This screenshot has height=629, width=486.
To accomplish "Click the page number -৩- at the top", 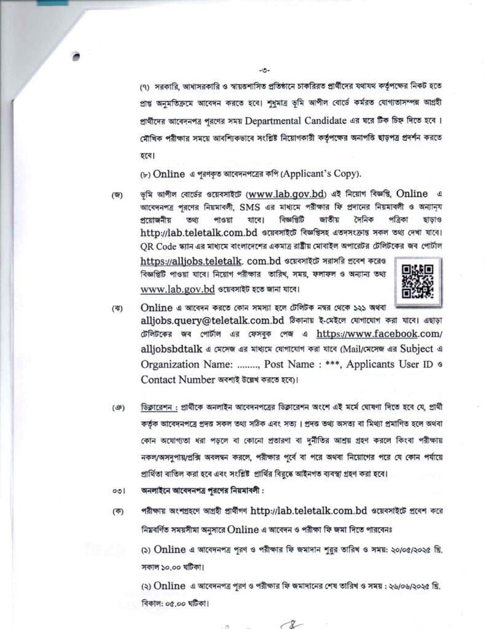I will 266,69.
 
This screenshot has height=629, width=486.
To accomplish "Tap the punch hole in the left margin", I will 76,57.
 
